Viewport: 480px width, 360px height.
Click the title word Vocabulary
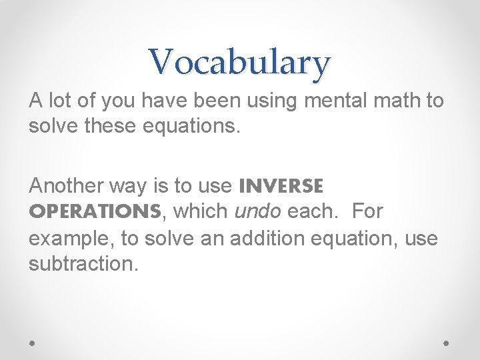pos(239,62)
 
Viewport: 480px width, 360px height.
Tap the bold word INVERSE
pos(281,185)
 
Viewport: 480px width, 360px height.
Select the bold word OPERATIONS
pos(95,211)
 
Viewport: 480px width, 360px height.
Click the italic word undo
pos(260,211)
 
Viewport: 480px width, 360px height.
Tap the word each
pos(313,211)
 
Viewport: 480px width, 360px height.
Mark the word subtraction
pos(83,263)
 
